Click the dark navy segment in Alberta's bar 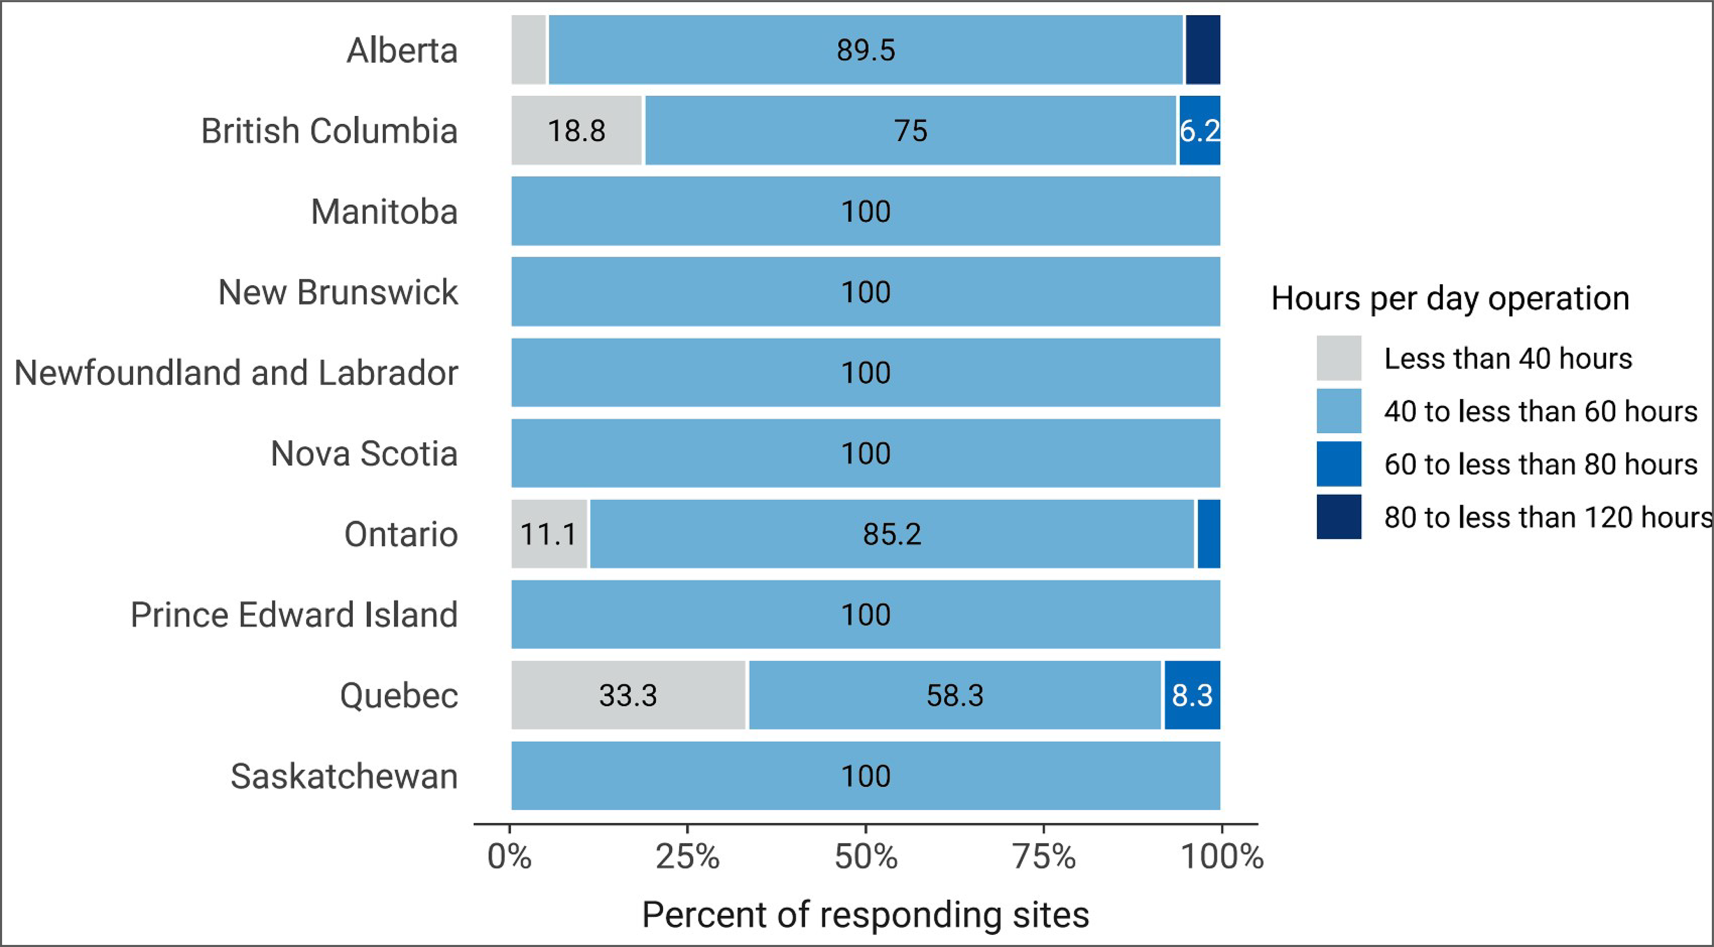pos(1202,50)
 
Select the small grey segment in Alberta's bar pos(528,50)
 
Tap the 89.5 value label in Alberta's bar pos(866,51)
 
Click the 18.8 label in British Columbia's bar pos(576,131)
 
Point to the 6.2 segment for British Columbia pos(1200,131)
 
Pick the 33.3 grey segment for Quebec pos(628,695)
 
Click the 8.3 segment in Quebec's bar pos(1192,695)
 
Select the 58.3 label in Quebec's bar pos(955,695)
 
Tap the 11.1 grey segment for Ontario pos(549,534)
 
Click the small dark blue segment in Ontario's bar pos(1209,534)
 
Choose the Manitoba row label pos(384,212)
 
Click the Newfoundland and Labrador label pos(236,372)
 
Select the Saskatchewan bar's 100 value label pos(866,777)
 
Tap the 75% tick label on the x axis pos(1043,856)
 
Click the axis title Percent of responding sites pos(865,914)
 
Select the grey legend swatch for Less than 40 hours pos(1338,358)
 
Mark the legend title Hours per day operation pos(1450,298)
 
